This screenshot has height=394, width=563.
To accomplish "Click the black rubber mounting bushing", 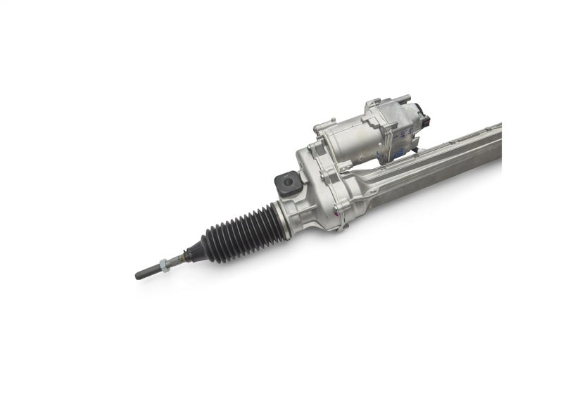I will point(288,184).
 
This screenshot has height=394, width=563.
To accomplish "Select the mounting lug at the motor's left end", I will point(320,127).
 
